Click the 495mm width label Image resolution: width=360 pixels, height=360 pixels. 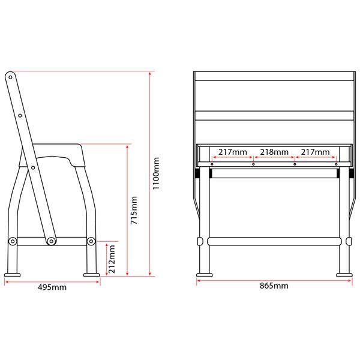[x=52, y=287]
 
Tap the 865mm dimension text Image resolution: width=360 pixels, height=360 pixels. [x=274, y=286]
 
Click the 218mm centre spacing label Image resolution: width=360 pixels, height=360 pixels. [x=273, y=153]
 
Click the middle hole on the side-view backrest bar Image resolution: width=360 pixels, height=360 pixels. [x=19, y=115]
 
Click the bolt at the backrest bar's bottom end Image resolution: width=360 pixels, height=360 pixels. [x=52, y=241]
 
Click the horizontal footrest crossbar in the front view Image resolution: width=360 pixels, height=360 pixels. [x=274, y=241]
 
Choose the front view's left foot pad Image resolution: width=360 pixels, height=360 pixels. [x=204, y=275]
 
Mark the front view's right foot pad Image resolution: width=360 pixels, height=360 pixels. [x=344, y=275]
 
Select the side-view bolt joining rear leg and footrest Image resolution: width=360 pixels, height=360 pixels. [x=13, y=241]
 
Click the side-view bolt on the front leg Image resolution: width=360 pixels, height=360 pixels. [x=91, y=241]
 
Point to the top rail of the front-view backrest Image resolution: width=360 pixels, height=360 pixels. [x=274, y=77]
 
